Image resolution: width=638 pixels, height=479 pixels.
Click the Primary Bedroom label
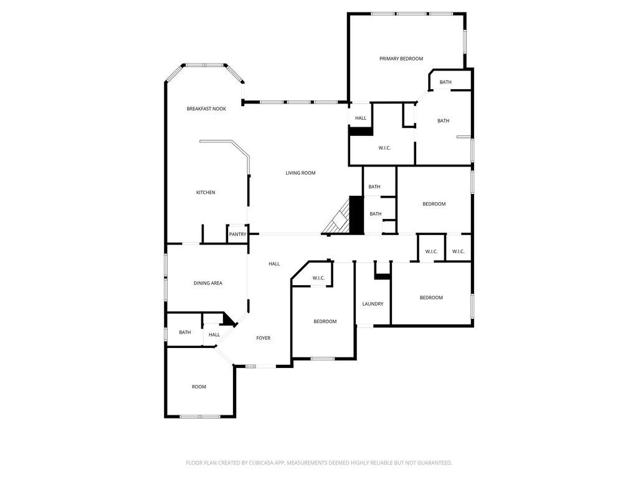pyautogui.click(x=401, y=59)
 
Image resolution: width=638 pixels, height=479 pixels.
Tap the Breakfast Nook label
pyautogui.click(x=206, y=109)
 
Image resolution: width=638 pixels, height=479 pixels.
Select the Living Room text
pyautogui.click(x=300, y=173)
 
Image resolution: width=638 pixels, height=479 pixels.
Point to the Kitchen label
pyautogui.click(x=206, y=192)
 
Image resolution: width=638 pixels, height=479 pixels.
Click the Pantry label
pyautogui.click(x=237, y=235)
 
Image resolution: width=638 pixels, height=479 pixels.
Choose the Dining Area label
pyautogui.click(x=208, y=283)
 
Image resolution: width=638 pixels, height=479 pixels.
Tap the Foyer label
pyautogui.click(x=264, y=338)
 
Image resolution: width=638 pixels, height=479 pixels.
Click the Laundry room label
pyautogui.click(x=373, y=304)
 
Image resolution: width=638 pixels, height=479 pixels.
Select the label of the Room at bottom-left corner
pyautogui.click(x=199, y=387)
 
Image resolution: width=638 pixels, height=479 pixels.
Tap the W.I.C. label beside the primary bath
pyautogui.click(x=384, y=148)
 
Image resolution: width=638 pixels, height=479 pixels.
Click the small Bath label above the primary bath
pyautogui.click(x=445, y=82)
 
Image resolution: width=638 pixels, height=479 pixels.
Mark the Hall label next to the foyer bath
pyautogui.click(x=214, y=335)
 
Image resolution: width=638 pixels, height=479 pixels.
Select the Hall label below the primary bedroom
pyautogui.click(x=361, y=118)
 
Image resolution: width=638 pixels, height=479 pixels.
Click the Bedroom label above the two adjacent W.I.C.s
pyautogui.click(x=434, y=204)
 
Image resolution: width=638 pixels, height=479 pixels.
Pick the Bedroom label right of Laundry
pyautogui.click(x=431, y=298)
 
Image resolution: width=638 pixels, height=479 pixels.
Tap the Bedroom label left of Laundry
pyautogui.click(x=325, y=321)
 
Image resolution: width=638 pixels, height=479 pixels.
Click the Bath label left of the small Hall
pyautogui.click(x=184, y=332)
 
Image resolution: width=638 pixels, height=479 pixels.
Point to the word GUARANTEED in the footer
pyautogui.click(x=436, y=463)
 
